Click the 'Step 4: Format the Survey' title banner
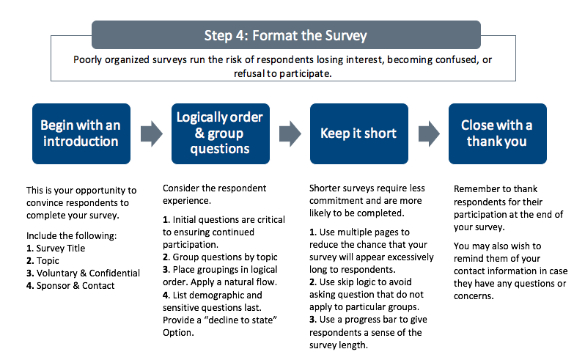point(285,34)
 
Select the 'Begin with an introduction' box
point(81,133)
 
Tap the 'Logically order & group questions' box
point(219,133)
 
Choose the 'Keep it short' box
point(358,133)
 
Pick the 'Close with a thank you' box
point(496,133)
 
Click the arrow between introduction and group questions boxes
point(150,133)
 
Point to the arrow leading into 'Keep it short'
point(289,133)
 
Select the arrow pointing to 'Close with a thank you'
point(427,133)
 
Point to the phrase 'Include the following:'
point(71,236)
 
